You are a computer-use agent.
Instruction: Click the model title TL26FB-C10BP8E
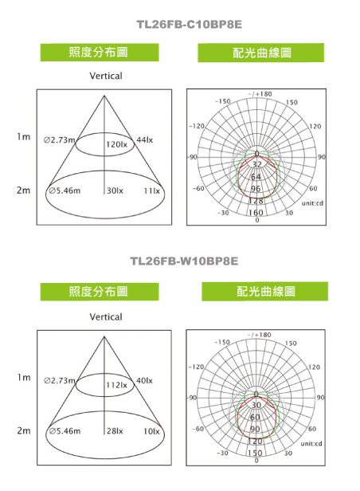coord(190,25)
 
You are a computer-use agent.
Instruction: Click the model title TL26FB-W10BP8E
coord(184,261)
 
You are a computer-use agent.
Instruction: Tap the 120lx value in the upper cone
coord(116,144)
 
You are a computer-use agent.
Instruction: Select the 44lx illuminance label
coord(144,140)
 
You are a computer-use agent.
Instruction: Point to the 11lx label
coord(151,191)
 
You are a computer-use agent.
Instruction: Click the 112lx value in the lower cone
coord(116,385)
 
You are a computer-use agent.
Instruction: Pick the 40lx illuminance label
coord(144,380)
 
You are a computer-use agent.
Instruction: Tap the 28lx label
coord(115,431)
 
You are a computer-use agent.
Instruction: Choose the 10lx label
coord(151,431)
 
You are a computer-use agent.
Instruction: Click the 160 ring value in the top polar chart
coord(256,213)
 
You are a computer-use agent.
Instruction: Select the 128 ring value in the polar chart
coord(256,201)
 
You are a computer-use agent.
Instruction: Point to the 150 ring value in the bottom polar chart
coord(255,453)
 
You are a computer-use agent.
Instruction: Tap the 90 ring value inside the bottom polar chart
coord(255,429)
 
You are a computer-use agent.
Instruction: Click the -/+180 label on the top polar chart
coord(260,94)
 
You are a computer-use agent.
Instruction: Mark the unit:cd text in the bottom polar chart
coord(311,444)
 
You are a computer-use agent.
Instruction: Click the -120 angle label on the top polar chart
coord(197,126)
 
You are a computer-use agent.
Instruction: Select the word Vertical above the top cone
coord(106,76)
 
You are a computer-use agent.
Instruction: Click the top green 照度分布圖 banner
coord(100,53)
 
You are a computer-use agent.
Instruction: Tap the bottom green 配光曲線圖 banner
coord(265,292)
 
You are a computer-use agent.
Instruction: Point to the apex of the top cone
coord(104,96)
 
